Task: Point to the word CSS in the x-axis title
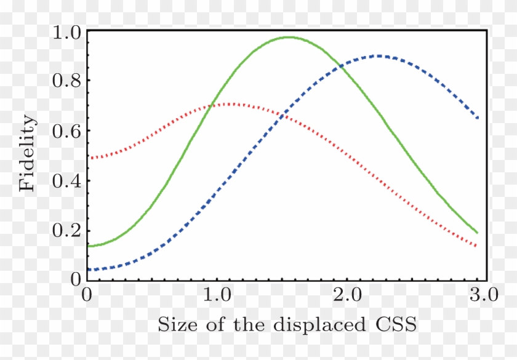pyautogui.click(x=395, y=324)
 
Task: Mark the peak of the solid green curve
pyautogui.click(x=288, y=38)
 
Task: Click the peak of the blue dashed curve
pyautogui.click(x=377, y=56)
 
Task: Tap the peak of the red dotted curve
pyautogui.click(x=231, y=104)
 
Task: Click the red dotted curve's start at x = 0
pyautogui.click(x=89, y=158)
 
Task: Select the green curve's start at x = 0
pyautogui.click(x=89, y=246)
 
